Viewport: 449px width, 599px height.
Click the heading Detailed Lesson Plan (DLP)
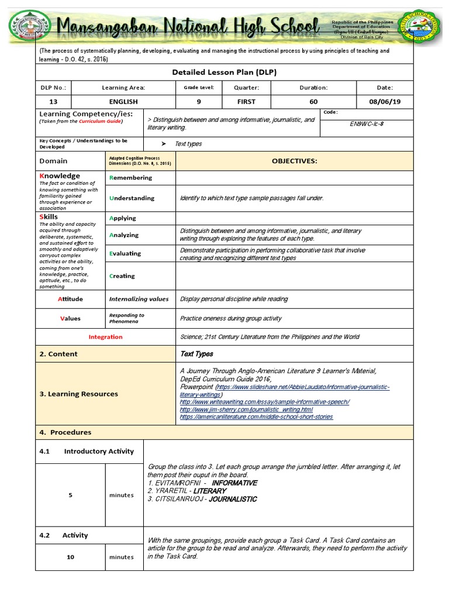pyautogui.click(x=224, y=73)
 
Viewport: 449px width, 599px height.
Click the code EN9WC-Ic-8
pyautogui.click(x=367, y=123)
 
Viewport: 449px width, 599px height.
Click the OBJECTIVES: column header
pyautogui.click(x=294, y=160)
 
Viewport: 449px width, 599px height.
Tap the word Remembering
pyautogui.click(x=130, y=178)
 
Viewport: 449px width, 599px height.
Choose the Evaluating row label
pyautogui.click(x=125, y=253)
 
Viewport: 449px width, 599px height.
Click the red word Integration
pyautogui.click(x=105, y=337)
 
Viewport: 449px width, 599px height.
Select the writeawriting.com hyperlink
pyautogui.click(x=264, y=402)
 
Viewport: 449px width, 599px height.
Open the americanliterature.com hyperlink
pyautogui.click(x=256, y=416)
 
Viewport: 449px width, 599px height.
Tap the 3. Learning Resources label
pyautogui.click(x=78, y=394)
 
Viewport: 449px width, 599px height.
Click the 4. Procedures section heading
pyautogui.click(x=65, y=432)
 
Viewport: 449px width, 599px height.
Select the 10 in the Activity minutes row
pyautogui.click(x=70, y=557)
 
